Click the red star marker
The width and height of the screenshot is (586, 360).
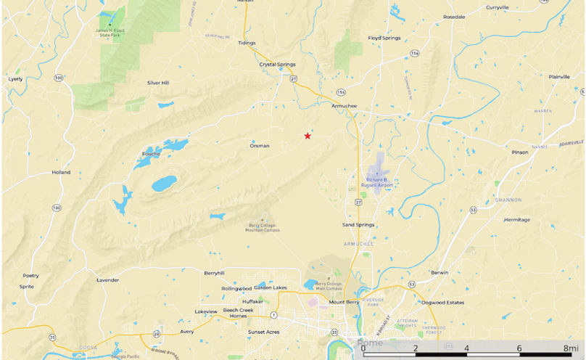pyautogui.click(x=308, y=136)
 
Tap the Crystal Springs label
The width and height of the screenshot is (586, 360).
pyautogui.click(x=278, y=64)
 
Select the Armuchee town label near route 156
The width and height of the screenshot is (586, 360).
pyautogui.click(x=344, y=106)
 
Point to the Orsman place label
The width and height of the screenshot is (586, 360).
pyautogui.click(x=260, y=146)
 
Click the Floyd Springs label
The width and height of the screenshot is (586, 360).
pyautogui.click(x=384, y=38)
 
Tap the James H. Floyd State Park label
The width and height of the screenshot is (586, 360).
pyautogui.click(x=111, y=32)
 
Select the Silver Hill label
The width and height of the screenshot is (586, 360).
pyautogui.click(x=157, y=83)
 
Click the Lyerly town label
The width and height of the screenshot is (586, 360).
pyautogui.click(x=15, y=78)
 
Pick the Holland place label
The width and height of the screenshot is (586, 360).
pyautogui.click(x=61, y=173)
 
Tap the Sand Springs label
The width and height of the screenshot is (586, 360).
pyautogui.click(x=358, y=225)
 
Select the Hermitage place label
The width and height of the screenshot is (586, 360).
pyautogui.click(x=517, y=219)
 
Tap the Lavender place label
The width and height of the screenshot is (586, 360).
pyautogui.click(x=107, y=279)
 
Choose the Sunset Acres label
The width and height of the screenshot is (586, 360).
pyautogui.click(x=264, y=332)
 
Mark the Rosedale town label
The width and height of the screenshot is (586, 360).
pyautogui.click(x=454, y=16)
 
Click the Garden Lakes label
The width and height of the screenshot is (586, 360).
pyautogui.click(x=271, y=287)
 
